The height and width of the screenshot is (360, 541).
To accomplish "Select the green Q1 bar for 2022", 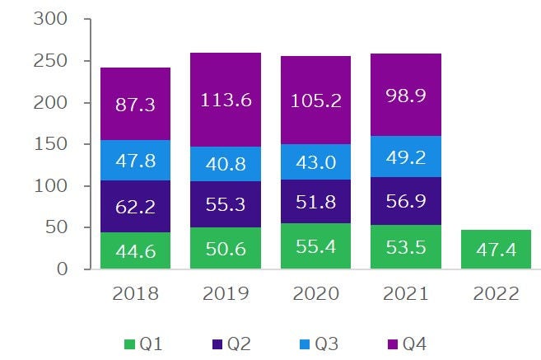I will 497,250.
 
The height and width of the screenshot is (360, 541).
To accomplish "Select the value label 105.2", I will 315,101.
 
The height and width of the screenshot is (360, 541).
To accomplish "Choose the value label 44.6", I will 135,250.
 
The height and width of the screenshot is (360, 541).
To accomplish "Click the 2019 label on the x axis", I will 225,294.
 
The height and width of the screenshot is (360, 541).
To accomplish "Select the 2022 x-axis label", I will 497,294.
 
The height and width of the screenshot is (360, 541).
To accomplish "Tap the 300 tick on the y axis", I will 51,19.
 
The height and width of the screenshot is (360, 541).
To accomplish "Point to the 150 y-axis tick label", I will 51,144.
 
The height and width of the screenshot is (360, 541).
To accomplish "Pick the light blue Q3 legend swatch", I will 311,342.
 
